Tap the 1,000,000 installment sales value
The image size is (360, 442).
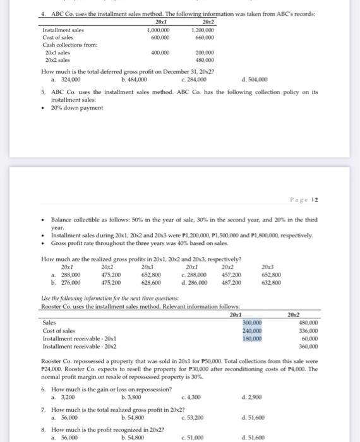tap(157, 30)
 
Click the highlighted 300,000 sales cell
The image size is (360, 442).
tap(252, 321)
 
